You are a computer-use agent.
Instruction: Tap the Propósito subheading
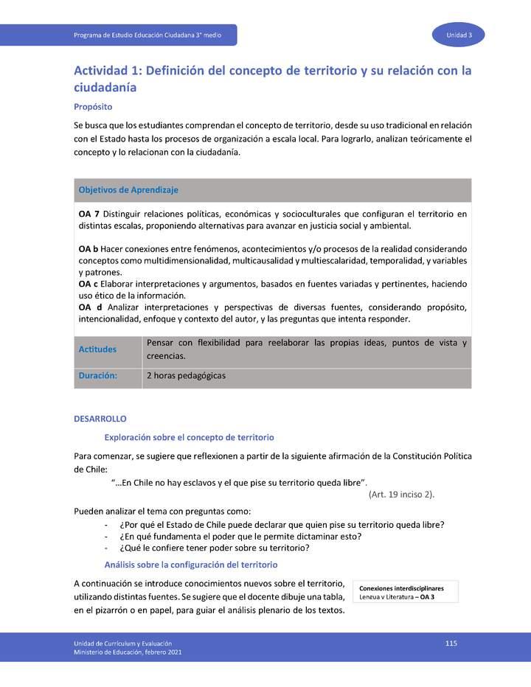[92, 107]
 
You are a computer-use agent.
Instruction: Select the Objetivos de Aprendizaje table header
[128, 190]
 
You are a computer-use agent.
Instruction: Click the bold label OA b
[88, 249]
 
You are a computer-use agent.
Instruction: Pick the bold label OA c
[88, 284]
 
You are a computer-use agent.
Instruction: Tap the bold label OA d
[89, 307]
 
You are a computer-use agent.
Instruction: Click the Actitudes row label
[97, 349]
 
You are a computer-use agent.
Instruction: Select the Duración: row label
[98, 376]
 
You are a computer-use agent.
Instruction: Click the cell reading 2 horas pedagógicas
[186, 376]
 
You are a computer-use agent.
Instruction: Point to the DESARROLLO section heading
[100, 419]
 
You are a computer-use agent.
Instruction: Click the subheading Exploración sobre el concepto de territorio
[190, 437]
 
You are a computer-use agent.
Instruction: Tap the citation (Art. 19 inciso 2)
[401, 494]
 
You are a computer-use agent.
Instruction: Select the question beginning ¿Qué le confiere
[214, 548]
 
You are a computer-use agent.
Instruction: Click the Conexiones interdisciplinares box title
[401, 588]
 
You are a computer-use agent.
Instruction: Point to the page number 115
[451, 644]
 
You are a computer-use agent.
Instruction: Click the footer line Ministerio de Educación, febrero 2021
[128, 652]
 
